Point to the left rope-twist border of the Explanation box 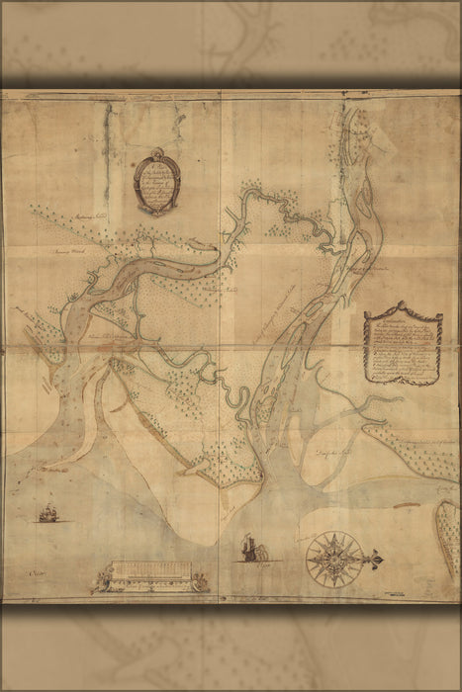coord(366,348)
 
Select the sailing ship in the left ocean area coord(47,513)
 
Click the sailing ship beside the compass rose coord(251,548)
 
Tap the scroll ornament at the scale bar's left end coord(102,580)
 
